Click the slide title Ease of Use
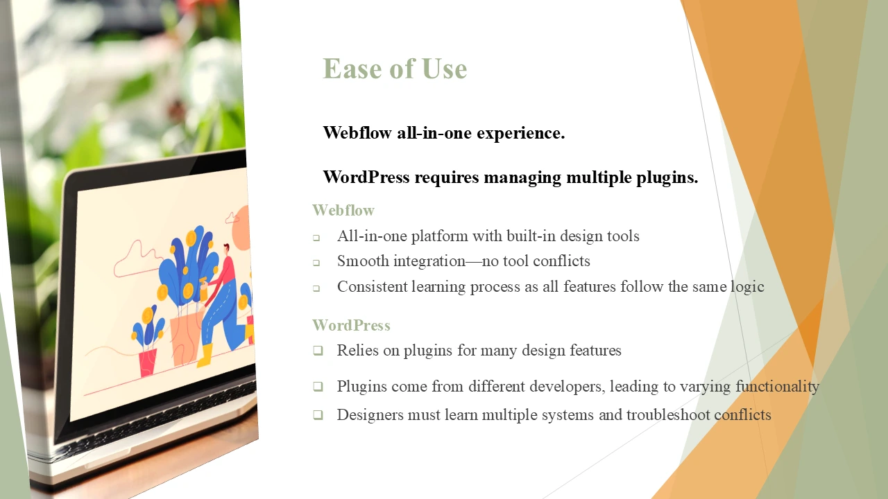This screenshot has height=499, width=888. (395, 69)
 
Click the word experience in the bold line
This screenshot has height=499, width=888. (520, 133)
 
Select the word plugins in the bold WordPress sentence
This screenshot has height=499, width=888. (667, 177)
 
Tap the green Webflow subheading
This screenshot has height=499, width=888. (343, 210)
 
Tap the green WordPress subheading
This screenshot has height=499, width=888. (351, 326)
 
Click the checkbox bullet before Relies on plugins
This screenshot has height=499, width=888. (318, 351)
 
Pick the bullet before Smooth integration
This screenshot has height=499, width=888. (316, 263)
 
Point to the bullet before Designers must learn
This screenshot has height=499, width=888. (318, 415)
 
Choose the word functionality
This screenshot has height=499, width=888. (778, 386)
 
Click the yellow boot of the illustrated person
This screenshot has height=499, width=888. (205, 356)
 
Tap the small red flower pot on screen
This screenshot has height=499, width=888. (148, 362)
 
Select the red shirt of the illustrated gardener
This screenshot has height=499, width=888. (225, 271)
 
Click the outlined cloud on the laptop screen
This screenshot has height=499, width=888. (137, 259)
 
